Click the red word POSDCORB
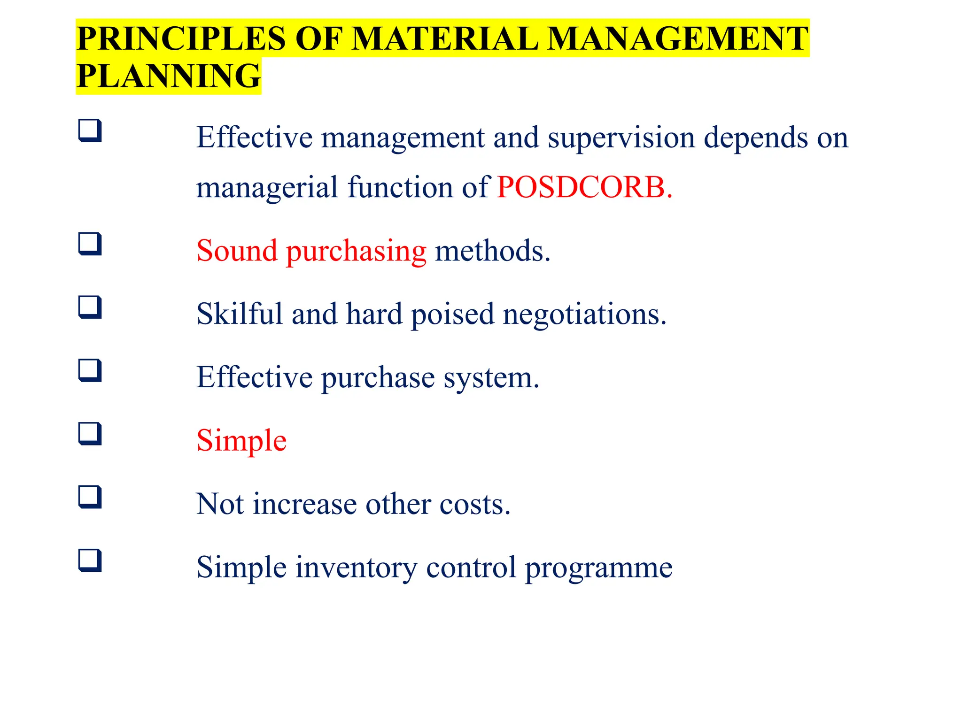pyautogui.click(x=584, y=187)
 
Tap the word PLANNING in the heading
pyautogui.click(x=168, y=76)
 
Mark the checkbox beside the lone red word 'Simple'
pyautogui.click(x=90, y=434)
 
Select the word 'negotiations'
pyautogui.click(x=584, y=314)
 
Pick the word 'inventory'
pyautogui.click(x=356, y=568)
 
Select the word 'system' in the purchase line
pyautogui.click(x=491, y=378)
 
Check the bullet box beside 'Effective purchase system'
pyautogui.click(x=90, y=370)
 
